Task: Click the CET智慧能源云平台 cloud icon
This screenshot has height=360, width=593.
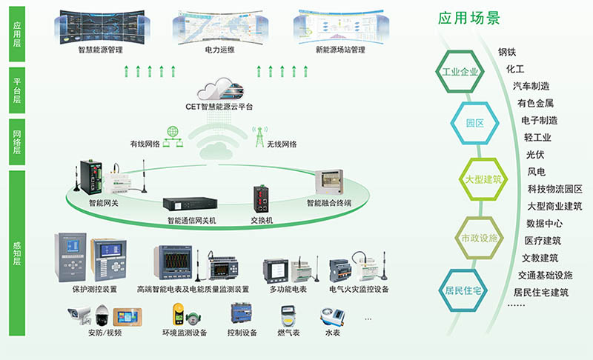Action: point(220,90)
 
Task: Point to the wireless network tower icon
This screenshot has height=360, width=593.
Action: point(260,137)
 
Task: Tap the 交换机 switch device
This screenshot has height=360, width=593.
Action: point(262,199)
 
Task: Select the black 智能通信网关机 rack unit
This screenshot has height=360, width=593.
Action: point(190,204)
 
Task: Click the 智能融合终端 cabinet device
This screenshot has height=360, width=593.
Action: point(329,183)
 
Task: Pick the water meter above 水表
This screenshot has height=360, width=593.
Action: point(332,316)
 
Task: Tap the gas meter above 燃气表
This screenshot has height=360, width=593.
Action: point(288,316)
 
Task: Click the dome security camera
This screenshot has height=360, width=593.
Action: point(102,315)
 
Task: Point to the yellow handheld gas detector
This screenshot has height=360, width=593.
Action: point(178,314)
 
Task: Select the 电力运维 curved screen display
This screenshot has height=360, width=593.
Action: point(220,27)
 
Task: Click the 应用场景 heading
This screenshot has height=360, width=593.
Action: point(469,18)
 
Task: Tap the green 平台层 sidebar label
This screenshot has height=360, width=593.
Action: point(17,90)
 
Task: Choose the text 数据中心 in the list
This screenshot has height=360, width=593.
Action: point(544,223)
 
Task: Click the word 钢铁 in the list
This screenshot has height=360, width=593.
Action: point(507,52)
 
